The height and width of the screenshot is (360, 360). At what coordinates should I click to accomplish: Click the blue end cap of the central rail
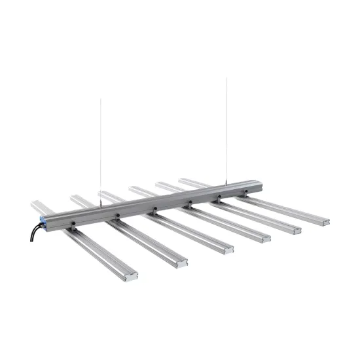[44, 221]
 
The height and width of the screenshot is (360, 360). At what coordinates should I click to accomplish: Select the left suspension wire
[100, 151]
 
